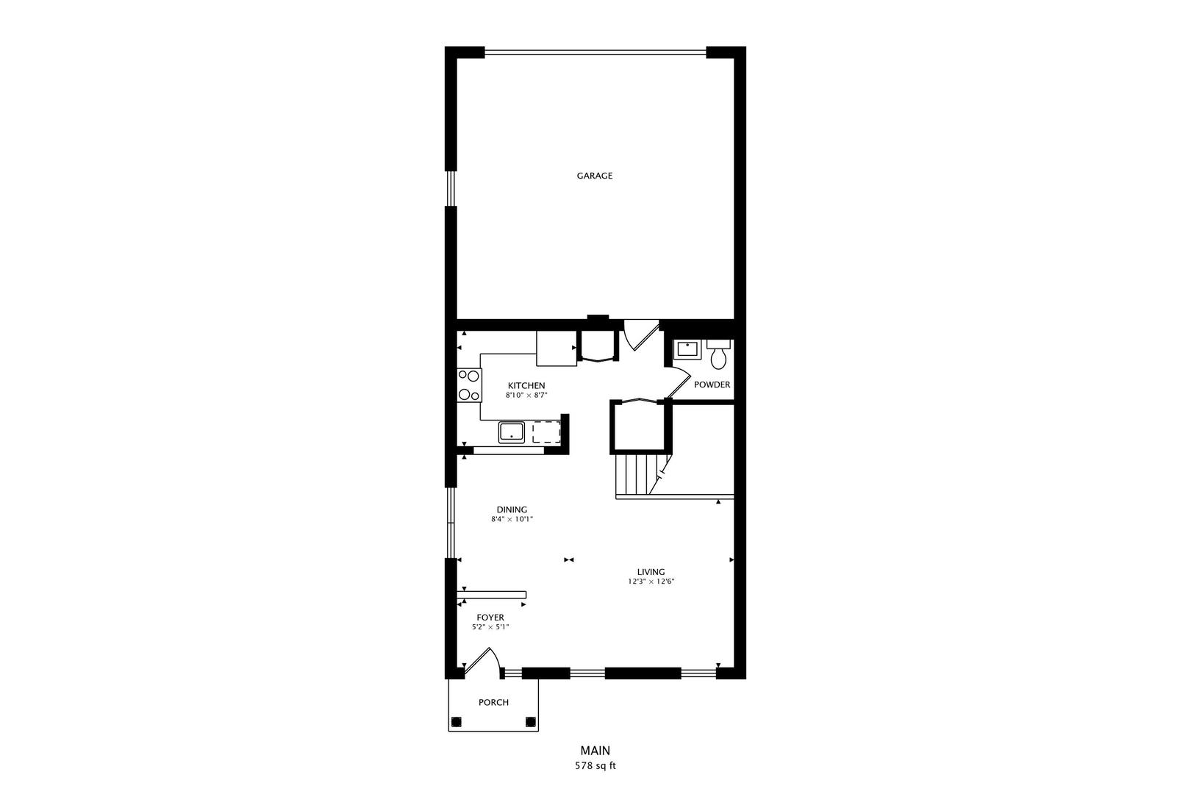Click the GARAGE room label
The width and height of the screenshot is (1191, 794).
coord(594,176)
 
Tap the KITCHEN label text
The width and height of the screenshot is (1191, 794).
coord(526,385)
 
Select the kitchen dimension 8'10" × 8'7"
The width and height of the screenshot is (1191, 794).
coord(526,396)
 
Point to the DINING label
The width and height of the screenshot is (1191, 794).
coord(512,509)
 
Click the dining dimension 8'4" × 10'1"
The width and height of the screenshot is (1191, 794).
coord(512,519)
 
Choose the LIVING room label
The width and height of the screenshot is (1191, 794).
coord(651,572)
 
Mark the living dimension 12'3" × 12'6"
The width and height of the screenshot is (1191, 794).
coord(651,582)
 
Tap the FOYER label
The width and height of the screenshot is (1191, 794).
coord(490,618)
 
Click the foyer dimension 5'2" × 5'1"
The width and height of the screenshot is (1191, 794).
coord(490,627)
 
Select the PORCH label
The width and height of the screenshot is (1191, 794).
coord(493,702)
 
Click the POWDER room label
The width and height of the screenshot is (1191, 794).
coord(712,385)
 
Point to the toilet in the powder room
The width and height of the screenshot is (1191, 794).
coord(718,355)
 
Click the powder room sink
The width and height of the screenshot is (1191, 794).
coord(687,348)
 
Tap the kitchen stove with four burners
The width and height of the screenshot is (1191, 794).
coord(468,385)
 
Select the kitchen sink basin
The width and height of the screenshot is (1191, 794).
coord(511,432)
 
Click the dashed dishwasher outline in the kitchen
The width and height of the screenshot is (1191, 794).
coord(546,432)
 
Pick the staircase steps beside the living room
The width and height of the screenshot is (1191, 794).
coord(637,475)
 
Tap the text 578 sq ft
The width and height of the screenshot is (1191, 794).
coord(595,766)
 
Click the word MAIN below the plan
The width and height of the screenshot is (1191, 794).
coord(595,751)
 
